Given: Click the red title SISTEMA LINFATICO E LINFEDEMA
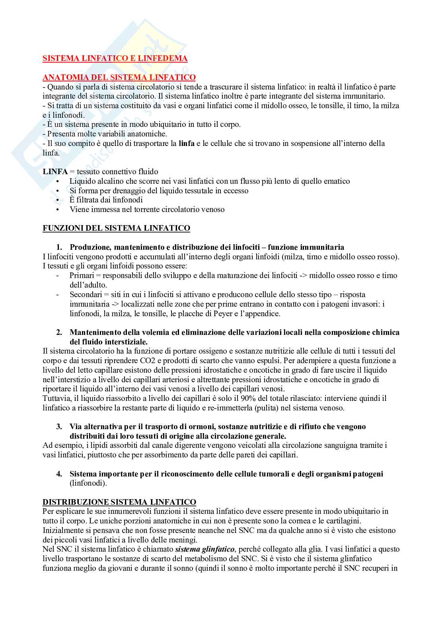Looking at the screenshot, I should point(115,58).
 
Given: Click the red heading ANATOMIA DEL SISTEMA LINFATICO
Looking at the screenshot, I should point(119,78).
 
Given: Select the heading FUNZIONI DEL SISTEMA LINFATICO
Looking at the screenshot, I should point(116,228).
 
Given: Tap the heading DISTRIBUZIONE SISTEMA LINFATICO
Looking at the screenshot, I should point(119,502).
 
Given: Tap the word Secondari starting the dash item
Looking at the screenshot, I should point(85,295).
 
